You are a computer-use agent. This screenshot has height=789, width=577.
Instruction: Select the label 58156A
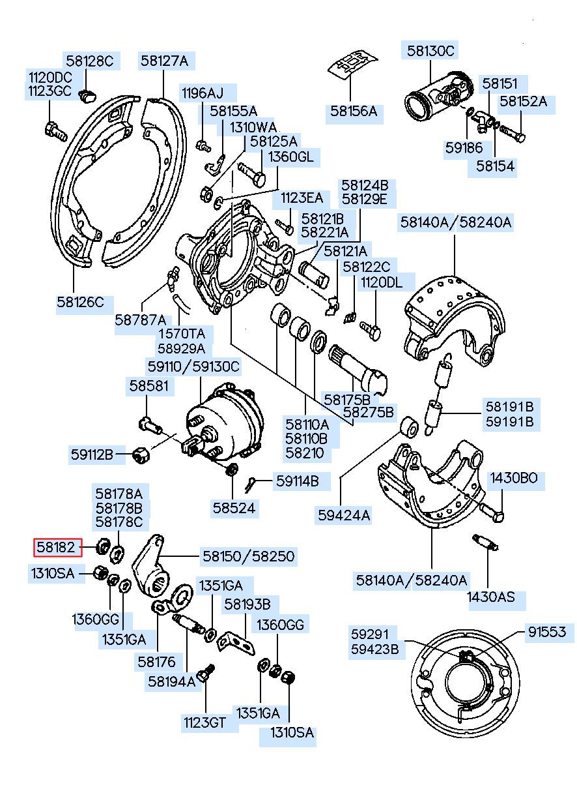[353, 112]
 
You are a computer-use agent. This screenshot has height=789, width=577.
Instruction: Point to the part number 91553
[546, 632]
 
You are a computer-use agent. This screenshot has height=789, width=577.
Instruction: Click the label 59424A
[344, 516]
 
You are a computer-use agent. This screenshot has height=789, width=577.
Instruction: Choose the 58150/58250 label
[248, 556]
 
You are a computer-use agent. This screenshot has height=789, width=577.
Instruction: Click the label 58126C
[80, 302]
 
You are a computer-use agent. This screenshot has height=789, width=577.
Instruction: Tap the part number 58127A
[164, 61]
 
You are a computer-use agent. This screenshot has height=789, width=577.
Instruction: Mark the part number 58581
[148, 385]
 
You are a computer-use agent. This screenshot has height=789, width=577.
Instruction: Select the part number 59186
[463, 148]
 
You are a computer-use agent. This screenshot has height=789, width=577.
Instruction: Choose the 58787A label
[141, 320]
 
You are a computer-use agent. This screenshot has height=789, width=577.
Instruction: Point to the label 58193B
[247, 604]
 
